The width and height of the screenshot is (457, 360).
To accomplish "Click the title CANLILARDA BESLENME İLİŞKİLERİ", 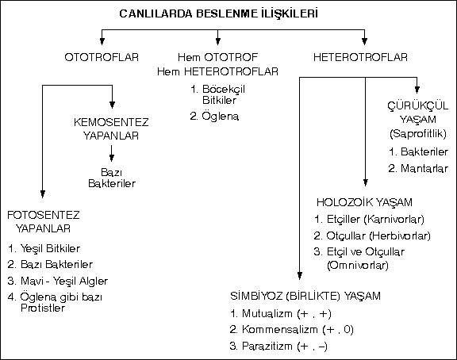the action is coord(219,13).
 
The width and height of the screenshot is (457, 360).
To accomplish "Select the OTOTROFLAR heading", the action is coord(102,57).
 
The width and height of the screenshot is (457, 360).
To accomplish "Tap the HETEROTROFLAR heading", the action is coord(360,57).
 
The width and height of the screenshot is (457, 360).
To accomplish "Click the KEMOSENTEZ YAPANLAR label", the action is coord(111,128).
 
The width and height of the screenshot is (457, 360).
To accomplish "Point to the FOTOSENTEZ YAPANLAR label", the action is coord(44,222).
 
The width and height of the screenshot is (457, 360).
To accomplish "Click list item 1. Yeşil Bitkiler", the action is coord(44,249).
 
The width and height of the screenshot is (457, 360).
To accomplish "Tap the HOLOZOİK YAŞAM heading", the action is coord(364,202).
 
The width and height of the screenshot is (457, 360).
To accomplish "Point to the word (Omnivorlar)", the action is coord(358,266).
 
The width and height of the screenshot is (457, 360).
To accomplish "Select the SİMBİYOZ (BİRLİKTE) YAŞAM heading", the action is coord(305,296).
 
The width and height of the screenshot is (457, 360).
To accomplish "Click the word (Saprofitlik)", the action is coord(418,133).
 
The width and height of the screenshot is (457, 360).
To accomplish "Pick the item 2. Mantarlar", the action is coord(418,168).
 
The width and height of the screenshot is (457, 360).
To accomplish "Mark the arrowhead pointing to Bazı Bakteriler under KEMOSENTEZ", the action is coord(112,158).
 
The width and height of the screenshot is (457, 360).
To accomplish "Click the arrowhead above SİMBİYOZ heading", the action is coord(300,275).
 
